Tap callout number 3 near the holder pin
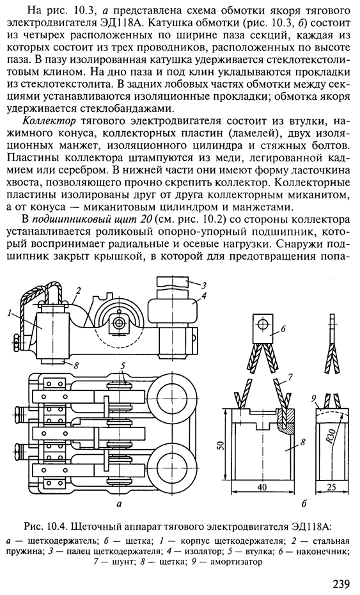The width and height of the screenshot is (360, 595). (204, 285)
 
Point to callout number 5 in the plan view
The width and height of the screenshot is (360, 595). (123, 366)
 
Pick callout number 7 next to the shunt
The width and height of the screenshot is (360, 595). (290, 377)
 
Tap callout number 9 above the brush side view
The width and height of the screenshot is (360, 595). (314, 399)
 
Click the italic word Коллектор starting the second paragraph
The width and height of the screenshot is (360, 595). (50, 121)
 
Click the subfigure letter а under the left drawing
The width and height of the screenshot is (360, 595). (120, 505)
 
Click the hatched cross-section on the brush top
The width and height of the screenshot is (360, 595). (286, 420)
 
